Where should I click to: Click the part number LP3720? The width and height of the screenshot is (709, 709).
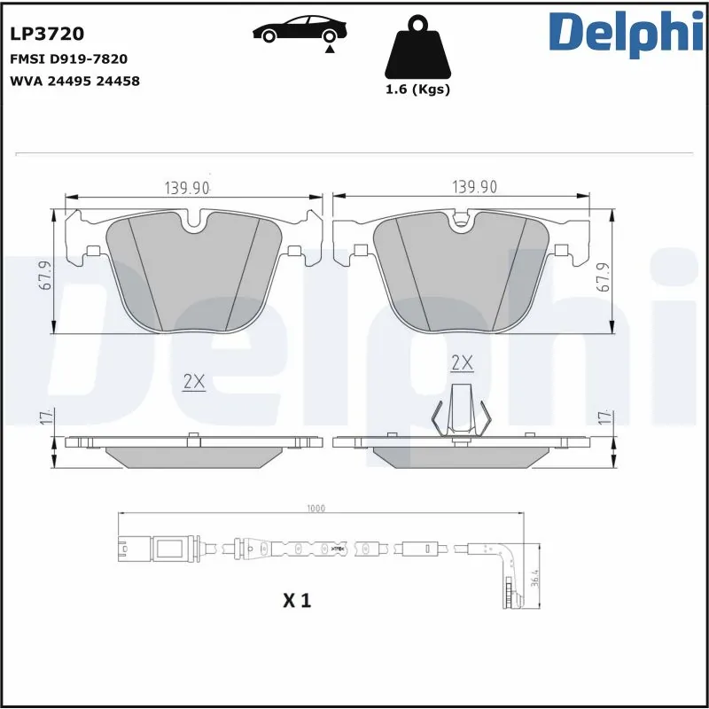tap(47, 34)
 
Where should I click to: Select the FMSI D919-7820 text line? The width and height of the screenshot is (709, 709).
tap(68, 59)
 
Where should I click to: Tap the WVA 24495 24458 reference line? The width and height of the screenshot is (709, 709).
tap(74, 81)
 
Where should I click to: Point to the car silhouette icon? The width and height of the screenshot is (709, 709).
tap(298, 30)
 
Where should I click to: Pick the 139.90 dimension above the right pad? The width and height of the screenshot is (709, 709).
tap(475, 187)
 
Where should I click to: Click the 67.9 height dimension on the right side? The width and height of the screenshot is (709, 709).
tap(604, 276)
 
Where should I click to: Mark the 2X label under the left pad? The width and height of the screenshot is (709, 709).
tap(194, 382)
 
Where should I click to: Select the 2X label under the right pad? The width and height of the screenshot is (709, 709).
tap(462, 362)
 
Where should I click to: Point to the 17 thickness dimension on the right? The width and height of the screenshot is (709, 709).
tap(604, 417)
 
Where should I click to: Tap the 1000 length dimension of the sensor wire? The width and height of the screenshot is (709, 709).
tap(316, 509)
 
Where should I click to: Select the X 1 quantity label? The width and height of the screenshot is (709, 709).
tap(297, 601)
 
